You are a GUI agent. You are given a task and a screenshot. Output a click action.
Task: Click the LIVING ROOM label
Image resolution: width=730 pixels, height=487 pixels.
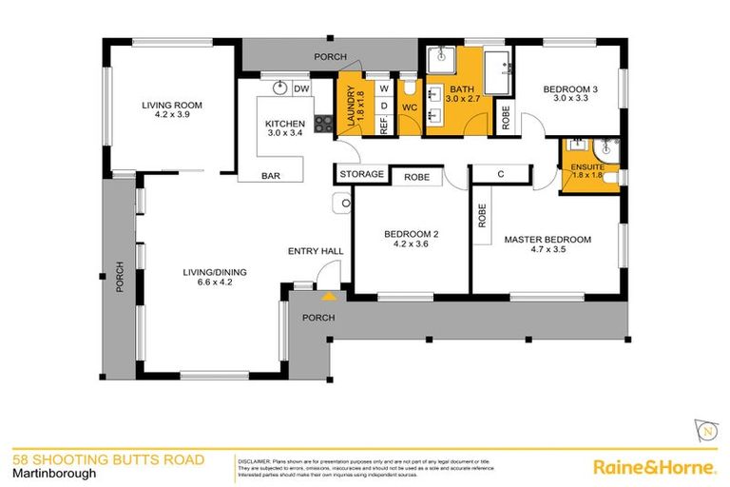click(172, 105)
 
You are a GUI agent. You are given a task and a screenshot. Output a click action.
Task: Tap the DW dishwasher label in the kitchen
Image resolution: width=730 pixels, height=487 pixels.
click(301, 89)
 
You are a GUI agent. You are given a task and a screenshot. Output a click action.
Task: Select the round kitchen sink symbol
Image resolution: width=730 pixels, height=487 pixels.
click(279, 88)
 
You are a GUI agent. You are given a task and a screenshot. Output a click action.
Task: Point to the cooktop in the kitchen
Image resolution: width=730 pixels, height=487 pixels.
click(323, 123)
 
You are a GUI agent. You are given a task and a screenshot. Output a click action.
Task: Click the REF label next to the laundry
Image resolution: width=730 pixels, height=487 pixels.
click(384, 123)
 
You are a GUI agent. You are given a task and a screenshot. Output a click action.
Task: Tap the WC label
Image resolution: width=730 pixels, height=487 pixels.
click(409, 107)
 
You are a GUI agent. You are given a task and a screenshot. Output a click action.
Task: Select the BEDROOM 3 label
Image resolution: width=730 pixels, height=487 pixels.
click(571, 90)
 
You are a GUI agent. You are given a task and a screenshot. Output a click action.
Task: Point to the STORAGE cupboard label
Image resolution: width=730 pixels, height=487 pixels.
click(363, 175)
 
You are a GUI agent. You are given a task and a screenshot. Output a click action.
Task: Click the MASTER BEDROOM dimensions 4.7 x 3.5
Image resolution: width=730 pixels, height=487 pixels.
click(547, 253)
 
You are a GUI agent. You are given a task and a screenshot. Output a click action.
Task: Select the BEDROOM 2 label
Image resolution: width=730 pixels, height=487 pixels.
click(412, 234)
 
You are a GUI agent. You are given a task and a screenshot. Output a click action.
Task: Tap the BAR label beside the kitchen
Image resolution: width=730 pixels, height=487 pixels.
click(271, 175)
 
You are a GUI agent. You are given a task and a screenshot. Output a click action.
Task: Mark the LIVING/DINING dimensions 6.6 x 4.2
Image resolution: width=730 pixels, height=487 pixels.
click(207, 282)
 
